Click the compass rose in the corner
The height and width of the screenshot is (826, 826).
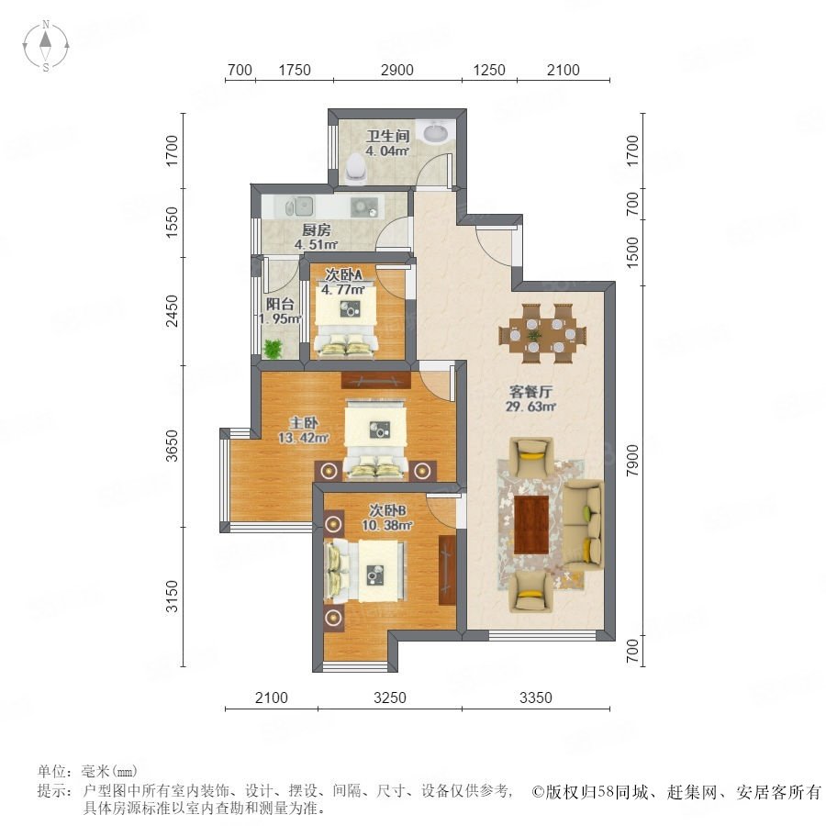click(x=46, y=46)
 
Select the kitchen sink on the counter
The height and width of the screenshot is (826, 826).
click(x=299, y=206)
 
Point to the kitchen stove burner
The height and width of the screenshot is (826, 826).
click(x=364, y=207)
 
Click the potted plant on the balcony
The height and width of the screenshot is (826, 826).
click(x=273, y=349)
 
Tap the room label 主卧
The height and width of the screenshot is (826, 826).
click(x=304, y=423)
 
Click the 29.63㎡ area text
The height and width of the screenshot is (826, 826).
click(x=530, y=407)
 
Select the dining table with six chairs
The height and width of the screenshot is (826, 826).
click(x=542, y=333)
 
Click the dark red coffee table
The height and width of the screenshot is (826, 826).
click(x=531, y=525)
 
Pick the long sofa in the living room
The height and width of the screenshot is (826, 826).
click(x=584, y=525)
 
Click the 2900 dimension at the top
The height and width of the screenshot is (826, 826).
click(x=396, y=70)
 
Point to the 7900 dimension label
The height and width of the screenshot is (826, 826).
click(x=632, y=461)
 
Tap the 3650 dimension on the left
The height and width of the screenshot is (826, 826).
click(x=172, y=446)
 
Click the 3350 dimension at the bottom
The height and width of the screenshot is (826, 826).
click(x=536, y=698)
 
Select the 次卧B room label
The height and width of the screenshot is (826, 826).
click(x=387, y=510)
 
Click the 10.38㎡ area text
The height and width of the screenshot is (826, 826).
click(x=387, y=525)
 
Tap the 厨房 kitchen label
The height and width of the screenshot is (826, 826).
click(x=316, y=230)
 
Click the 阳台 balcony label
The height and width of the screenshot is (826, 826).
click(x=280, y=304)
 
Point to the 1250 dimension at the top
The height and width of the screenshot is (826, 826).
click(x=489, y=70)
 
